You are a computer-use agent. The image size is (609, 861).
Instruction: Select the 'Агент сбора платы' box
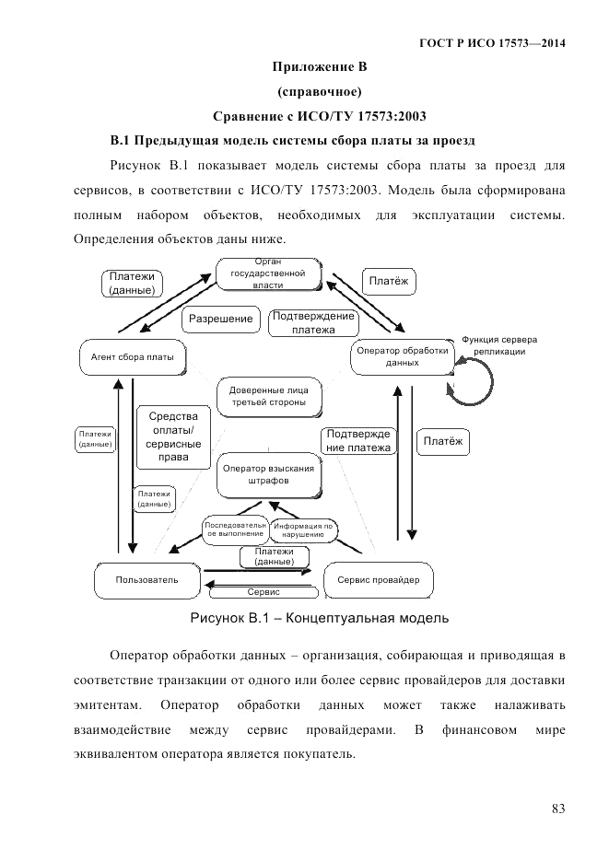click(133, 355)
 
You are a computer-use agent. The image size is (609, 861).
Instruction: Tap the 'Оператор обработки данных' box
click(402, 356)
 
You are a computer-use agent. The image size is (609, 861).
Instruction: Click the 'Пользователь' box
click(147, 579)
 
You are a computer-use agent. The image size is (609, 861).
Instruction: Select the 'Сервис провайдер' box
click(378, 579)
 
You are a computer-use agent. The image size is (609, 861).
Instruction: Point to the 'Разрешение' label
click(221, 319)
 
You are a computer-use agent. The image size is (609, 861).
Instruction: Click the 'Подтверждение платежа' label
click(313, 322)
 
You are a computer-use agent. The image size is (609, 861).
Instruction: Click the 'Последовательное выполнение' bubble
click(235, 529)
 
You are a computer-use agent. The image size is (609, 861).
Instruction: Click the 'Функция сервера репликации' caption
click(498, 345)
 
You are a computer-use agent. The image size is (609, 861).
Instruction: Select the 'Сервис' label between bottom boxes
click(264, 592)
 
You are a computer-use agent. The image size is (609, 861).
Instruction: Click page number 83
click(557, 809)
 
